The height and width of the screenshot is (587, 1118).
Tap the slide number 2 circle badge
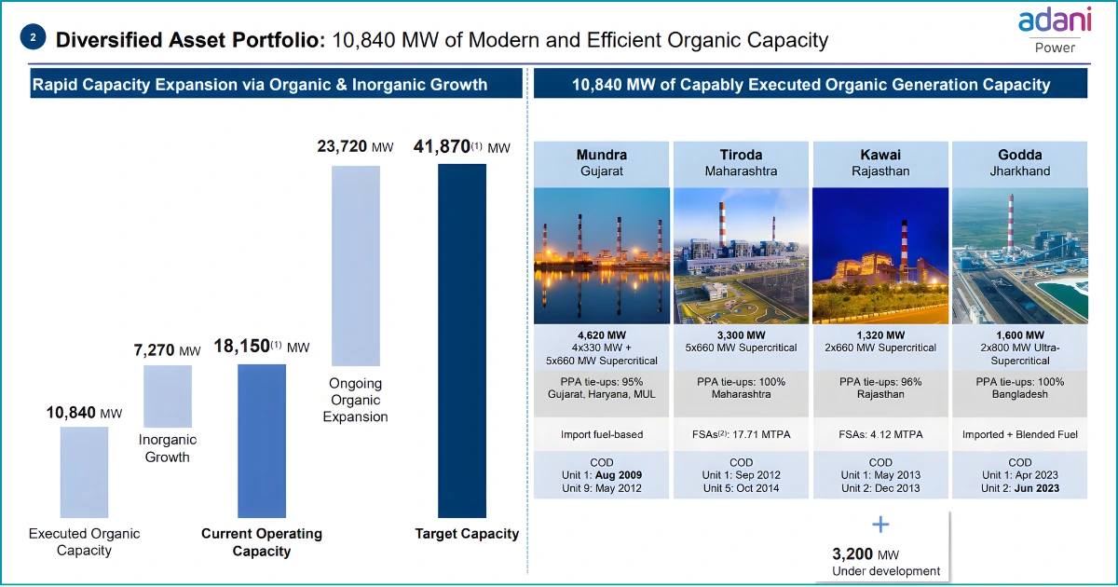[34, 38]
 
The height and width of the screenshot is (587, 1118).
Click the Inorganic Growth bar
[168, 395]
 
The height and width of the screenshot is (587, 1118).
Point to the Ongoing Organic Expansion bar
[356, 266]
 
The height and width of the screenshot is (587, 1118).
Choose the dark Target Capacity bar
[462, 340]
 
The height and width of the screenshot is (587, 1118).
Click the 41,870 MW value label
[462, 147]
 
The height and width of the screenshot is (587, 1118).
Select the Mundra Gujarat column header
[601, 163]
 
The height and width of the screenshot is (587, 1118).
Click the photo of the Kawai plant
[880, 255]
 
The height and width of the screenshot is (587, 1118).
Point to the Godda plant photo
[1019, 255]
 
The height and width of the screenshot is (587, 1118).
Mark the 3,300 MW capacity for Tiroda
[741, 334]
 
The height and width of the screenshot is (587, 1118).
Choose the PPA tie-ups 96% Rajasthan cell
[880, 388]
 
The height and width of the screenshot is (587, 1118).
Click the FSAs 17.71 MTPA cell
[741, 434]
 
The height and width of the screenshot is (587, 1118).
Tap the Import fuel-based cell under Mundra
[601, 434]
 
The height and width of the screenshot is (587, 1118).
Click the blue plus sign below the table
[880, 524]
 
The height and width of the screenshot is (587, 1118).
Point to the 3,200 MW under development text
[885, 561]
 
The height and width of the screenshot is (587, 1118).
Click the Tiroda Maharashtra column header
[741, 163]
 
